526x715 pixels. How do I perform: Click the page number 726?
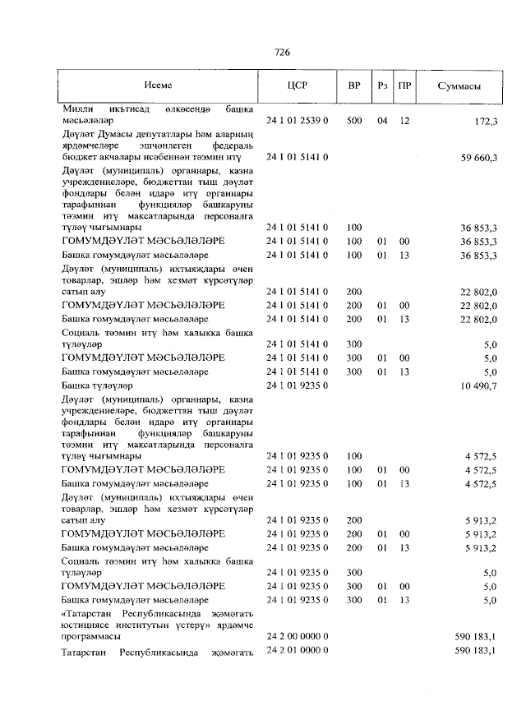click(x=282, y=52)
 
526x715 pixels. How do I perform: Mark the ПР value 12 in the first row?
click(x=404, y=121)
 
